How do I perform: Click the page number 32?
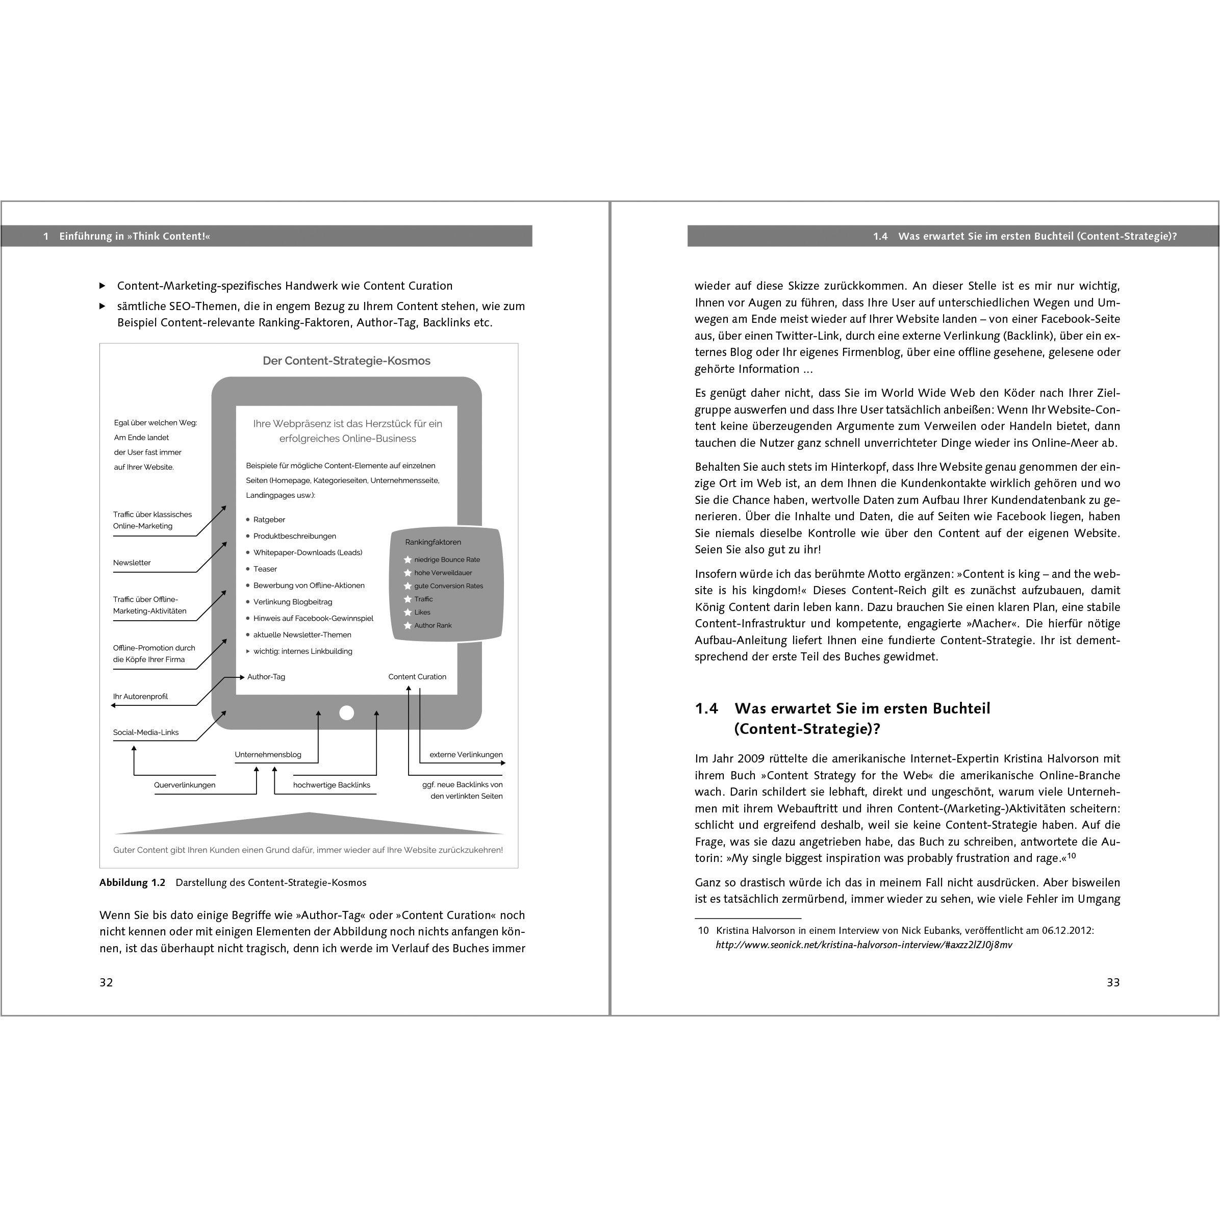coord(106,982)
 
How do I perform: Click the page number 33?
coord(1113,982)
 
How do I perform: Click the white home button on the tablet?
coord(347,713)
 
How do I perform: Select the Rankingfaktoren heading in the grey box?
coord(433,542)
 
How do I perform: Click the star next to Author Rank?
coord(408,626)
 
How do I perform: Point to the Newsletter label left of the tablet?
coord(132,563)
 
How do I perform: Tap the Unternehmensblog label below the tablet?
coord(268,755)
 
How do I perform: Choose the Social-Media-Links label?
coord(146,732)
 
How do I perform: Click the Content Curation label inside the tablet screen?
coord(417,676)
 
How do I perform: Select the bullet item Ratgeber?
coord(269,520)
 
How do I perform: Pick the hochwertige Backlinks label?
coord(332,785)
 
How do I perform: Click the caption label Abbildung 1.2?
coord(132,882)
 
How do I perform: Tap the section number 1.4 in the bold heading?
coord(706,708)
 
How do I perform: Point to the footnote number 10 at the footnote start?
coord(703,930)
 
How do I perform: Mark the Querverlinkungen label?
coord(185,785)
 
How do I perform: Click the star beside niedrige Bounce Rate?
coord(408,560)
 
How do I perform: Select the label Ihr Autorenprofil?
coord(140,697)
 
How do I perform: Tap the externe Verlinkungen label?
coord(466,755)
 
